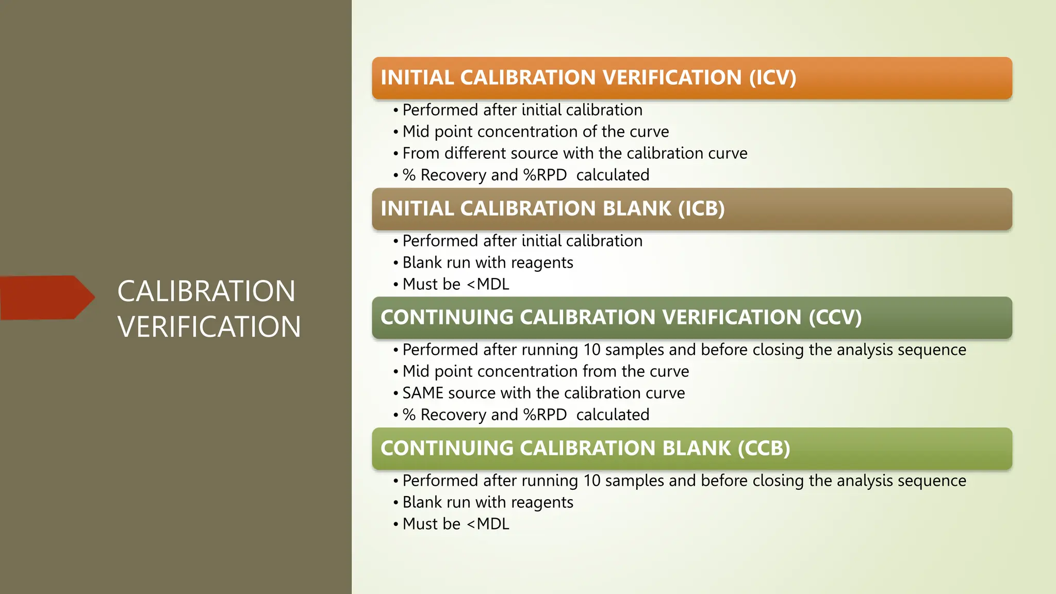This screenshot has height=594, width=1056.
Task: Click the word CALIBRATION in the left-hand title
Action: (206, 291)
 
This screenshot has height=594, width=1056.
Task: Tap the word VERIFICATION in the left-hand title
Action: (209, 327)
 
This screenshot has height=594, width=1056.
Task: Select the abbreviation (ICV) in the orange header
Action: (772, 78)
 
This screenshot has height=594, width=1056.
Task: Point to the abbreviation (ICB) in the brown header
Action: (701, 209)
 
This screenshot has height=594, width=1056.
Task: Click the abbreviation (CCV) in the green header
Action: (835, 318)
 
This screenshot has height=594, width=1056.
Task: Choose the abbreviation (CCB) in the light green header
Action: (764, 449)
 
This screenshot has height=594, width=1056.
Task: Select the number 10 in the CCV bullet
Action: (592, 350)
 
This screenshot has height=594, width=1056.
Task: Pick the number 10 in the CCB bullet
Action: (592, 481)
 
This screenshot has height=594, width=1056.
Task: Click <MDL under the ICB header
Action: (488, 285)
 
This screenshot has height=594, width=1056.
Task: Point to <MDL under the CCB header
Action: (488, 524)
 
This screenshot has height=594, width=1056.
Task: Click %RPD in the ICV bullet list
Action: (545, 175)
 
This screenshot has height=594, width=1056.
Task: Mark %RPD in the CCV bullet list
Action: (545, 415)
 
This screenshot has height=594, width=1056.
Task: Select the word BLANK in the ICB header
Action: (637, 209)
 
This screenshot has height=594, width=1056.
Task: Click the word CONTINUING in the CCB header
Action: (447, 449)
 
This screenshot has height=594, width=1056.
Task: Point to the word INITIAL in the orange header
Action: (417, 78)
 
